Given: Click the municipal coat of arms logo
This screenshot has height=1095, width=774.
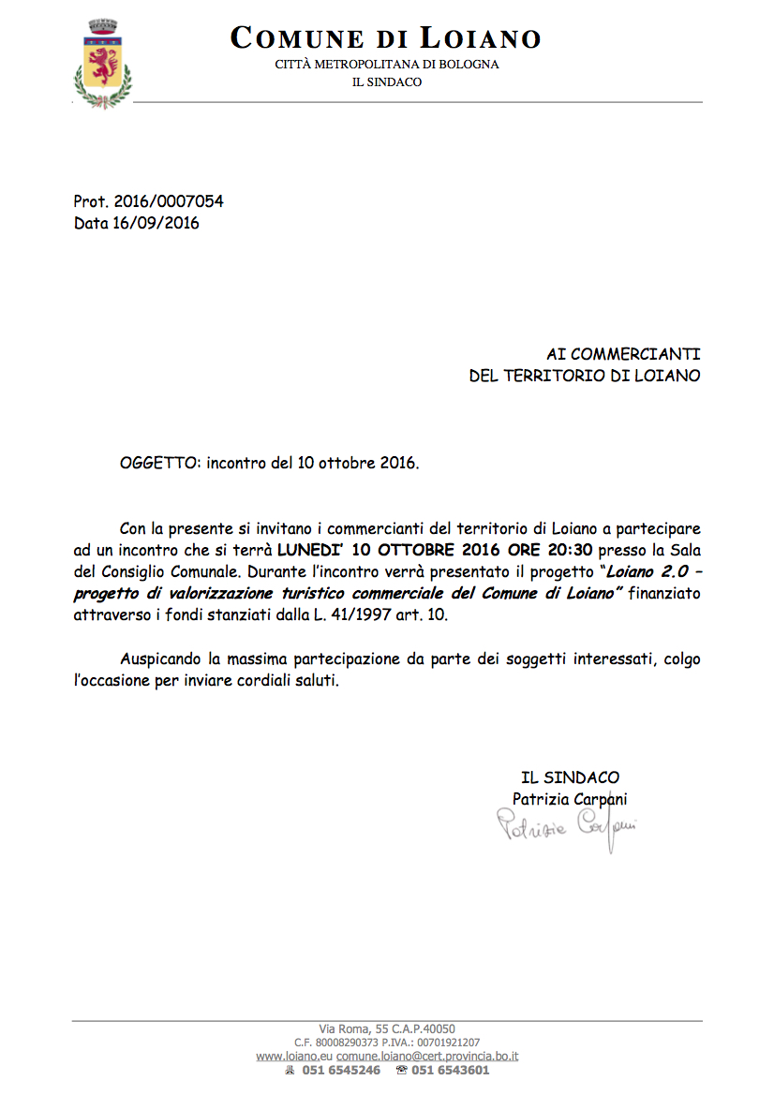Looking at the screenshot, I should click(103, 62).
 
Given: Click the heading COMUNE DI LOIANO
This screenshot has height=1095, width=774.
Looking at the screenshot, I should click(386, 38).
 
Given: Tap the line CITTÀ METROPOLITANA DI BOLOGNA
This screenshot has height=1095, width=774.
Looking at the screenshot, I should click(386, 65).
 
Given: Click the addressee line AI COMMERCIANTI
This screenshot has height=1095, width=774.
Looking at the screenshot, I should click(623, 354).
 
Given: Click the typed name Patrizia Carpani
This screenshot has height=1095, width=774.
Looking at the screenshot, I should click(570, 799).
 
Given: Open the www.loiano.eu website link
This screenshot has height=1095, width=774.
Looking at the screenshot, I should click(294, 1056).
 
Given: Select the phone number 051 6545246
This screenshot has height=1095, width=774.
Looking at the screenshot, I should click(341, 1071).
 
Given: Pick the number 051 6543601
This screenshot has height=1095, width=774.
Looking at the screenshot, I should click(450, 1071).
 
